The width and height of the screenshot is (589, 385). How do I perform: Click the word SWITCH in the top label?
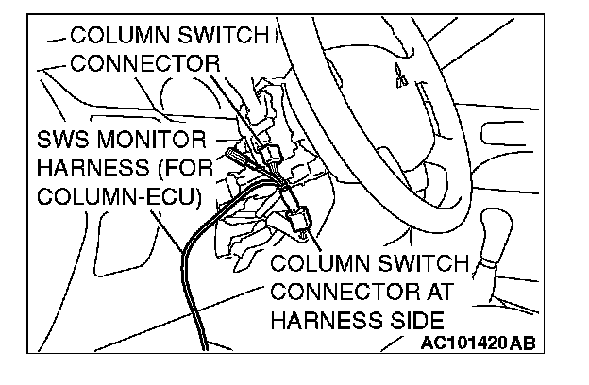(223, 36)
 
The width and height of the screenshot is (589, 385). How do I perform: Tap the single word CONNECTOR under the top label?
(144, 64)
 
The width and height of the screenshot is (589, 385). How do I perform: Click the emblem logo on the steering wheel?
(400, 81)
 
